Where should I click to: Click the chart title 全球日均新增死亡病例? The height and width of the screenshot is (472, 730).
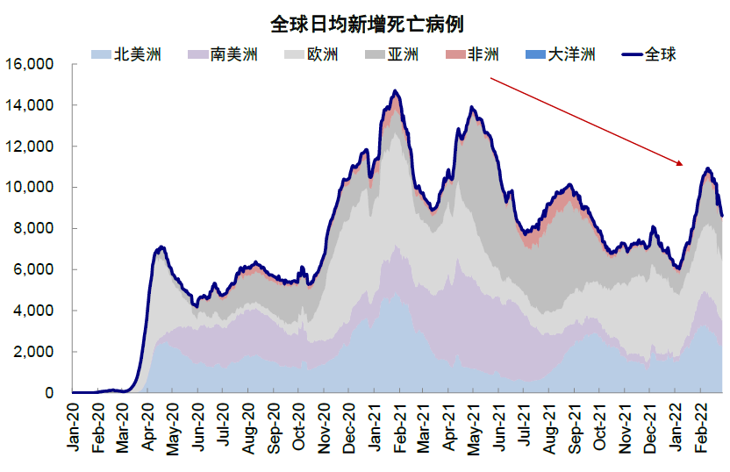click(x=367, y=23)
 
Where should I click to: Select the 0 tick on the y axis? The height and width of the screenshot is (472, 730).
click(x=50, y=393)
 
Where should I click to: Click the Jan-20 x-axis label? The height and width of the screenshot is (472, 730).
click(x=73, y=430)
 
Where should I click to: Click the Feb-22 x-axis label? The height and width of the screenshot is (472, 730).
click(x=701, y=430)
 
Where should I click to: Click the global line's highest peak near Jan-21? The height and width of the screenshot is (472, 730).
click(x=396, y=90)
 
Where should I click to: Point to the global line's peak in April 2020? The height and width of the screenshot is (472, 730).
click(x=161, y=247)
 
